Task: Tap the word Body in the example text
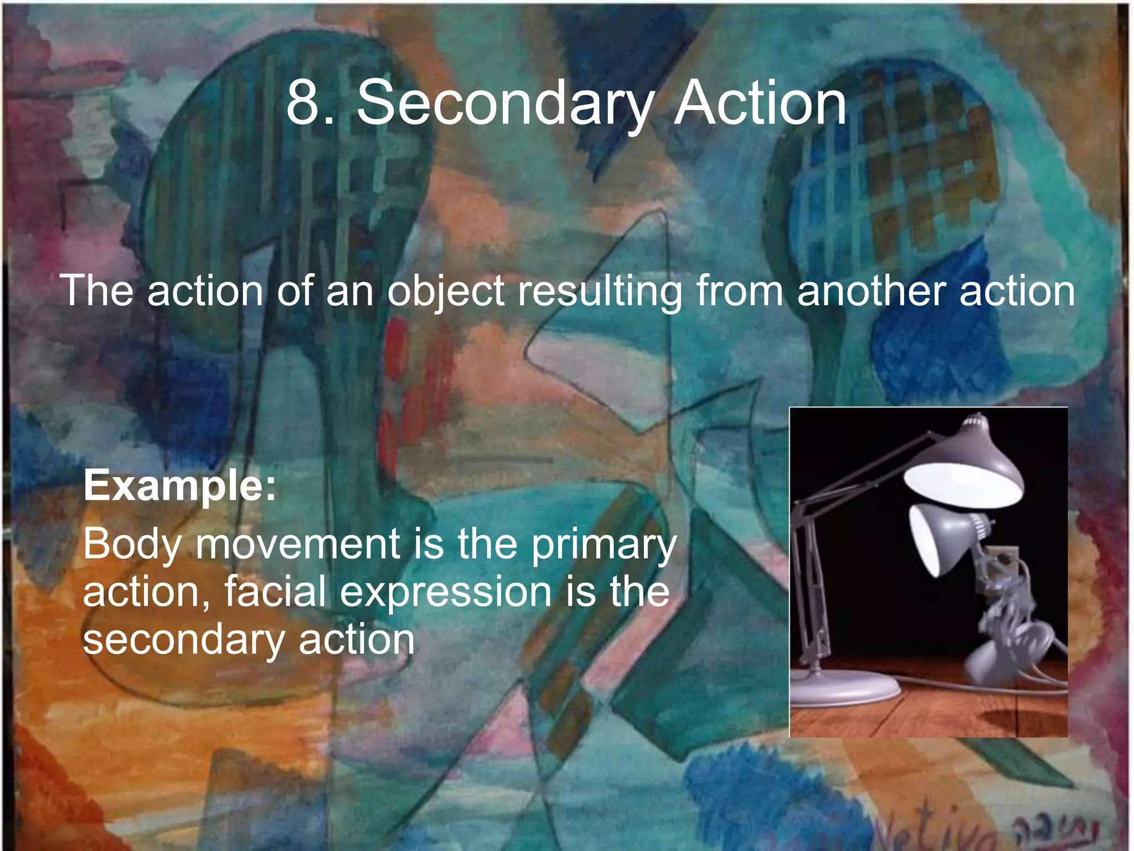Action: (132, 545)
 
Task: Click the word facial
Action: (275, 592)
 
